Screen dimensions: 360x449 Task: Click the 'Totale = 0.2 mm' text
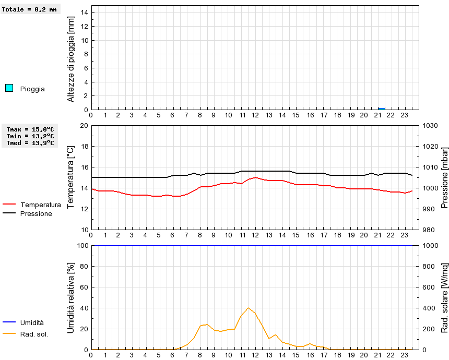tap(29, 9)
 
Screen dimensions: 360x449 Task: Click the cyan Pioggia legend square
tap(9, 88)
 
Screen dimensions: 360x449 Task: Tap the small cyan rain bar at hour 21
tap(382, 109)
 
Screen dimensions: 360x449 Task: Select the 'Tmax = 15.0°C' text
tap(30, 129)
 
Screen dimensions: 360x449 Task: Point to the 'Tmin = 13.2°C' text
tap(30, 136)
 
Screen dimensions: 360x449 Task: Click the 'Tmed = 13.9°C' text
tap(30, 142)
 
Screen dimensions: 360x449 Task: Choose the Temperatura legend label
tap(40, 205)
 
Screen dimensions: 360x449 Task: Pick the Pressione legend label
tap(36, 213)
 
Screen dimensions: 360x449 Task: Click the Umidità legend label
tap(32, 323)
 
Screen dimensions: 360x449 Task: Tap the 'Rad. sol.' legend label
tap(34, 334)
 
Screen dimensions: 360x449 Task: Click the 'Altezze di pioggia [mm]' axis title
tap(72, 58)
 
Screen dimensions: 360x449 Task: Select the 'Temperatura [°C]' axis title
tap(72, 177)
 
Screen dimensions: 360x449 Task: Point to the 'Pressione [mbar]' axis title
tap(444, 177)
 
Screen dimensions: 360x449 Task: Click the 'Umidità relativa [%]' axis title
tap(72, 297)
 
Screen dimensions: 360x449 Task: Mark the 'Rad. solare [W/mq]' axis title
tap(444, 297)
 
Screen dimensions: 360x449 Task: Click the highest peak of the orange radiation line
tap(249, 308)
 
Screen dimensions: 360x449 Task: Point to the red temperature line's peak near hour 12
tap(255, 177)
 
